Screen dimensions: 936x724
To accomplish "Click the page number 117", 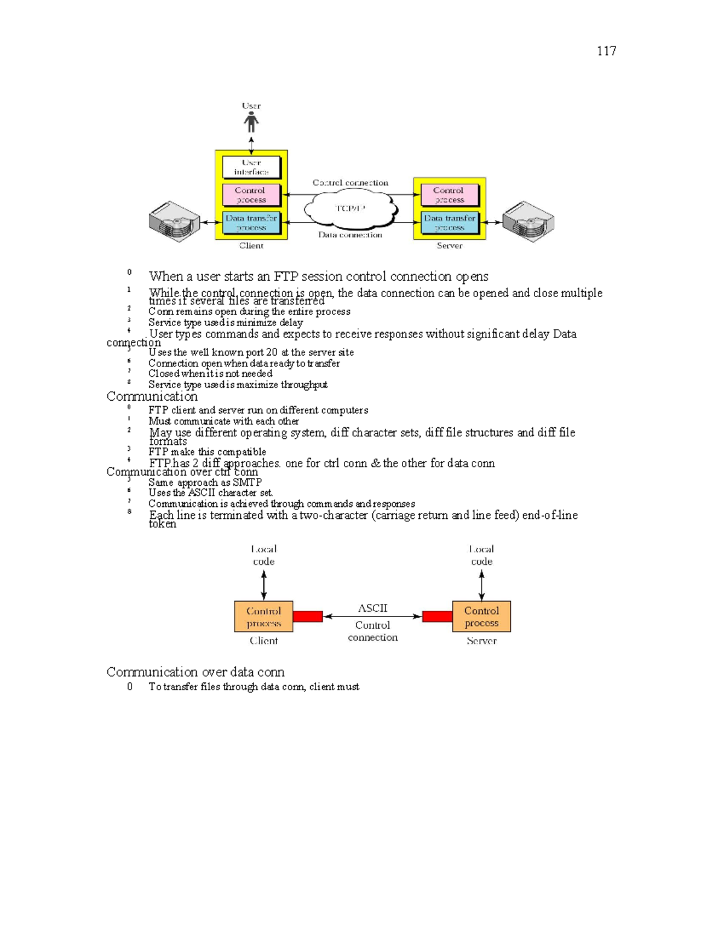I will (x=606, y=51).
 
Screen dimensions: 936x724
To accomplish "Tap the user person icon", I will (x=251, y=122).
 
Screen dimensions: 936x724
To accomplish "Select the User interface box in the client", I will (x=252, y=167).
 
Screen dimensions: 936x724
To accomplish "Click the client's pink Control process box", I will (x=251, y=195).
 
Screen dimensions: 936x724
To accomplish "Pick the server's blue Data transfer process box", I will (x=449, y=222).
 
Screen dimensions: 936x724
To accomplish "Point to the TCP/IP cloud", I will (x=351, y=209).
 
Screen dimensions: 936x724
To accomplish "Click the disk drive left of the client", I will (x=174, y=222).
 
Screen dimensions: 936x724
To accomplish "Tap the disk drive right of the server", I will (x=529, y=222).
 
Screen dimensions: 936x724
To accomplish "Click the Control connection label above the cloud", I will (x=350, y=183).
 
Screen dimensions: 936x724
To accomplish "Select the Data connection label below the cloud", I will (x=350, y=235).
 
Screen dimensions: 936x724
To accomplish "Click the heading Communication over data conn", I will (x=195, y=672).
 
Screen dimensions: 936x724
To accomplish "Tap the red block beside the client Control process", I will (x=308, y=616).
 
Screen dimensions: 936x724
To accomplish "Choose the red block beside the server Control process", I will (x=437, y=616).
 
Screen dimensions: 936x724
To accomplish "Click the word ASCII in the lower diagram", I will (x=372, y=608).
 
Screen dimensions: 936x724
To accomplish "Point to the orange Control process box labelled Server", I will (x=481, y=616).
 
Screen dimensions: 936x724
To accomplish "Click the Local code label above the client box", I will (x=264, y=555).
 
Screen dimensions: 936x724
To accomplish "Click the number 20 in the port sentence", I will (x=271, y=353).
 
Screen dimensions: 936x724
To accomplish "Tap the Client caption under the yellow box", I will (x=251, y=246).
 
